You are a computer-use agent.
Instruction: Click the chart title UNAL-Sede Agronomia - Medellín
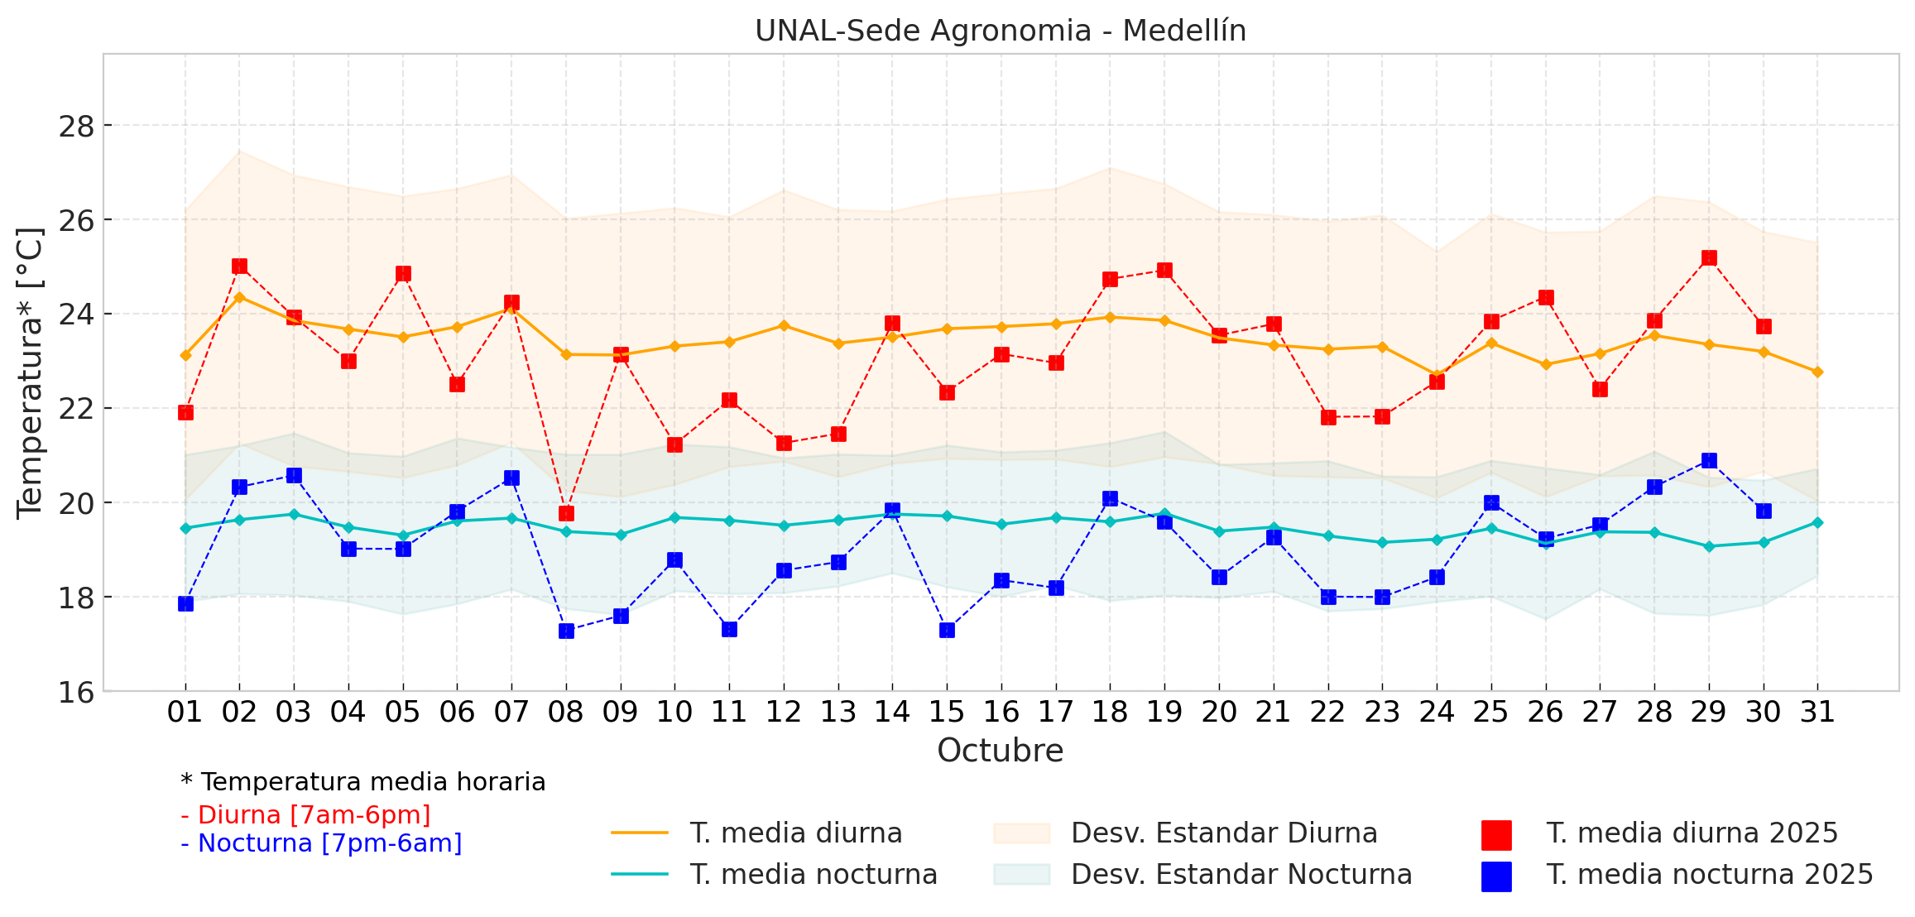point(1000,31)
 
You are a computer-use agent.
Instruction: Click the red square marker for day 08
point(566,513)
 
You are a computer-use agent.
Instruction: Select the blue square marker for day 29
point(1709,460)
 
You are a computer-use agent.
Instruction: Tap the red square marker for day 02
point(240,266)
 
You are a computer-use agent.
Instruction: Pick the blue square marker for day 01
point(185,603)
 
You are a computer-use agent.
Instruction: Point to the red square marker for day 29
point(1709,258)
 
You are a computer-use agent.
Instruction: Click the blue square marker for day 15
point(947,630)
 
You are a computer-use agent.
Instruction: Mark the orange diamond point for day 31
point(1817,372)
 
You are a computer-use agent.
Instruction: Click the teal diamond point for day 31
point(1817,522)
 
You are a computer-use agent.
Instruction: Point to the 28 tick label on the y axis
point(76,127)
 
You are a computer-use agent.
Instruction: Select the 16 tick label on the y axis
point(76,692)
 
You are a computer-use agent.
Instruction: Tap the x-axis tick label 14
point(892,712)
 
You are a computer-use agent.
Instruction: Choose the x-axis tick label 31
point(1817,712)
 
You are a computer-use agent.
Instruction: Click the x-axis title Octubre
point(1000,751)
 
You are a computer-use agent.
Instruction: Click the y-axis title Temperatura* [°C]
point(30,372)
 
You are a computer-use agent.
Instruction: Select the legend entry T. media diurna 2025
point(1692,833)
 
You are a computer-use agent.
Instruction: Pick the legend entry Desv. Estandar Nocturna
point(1241,874)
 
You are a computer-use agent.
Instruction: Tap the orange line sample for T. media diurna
point(639,833)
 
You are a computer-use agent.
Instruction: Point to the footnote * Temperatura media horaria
point(362,782)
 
